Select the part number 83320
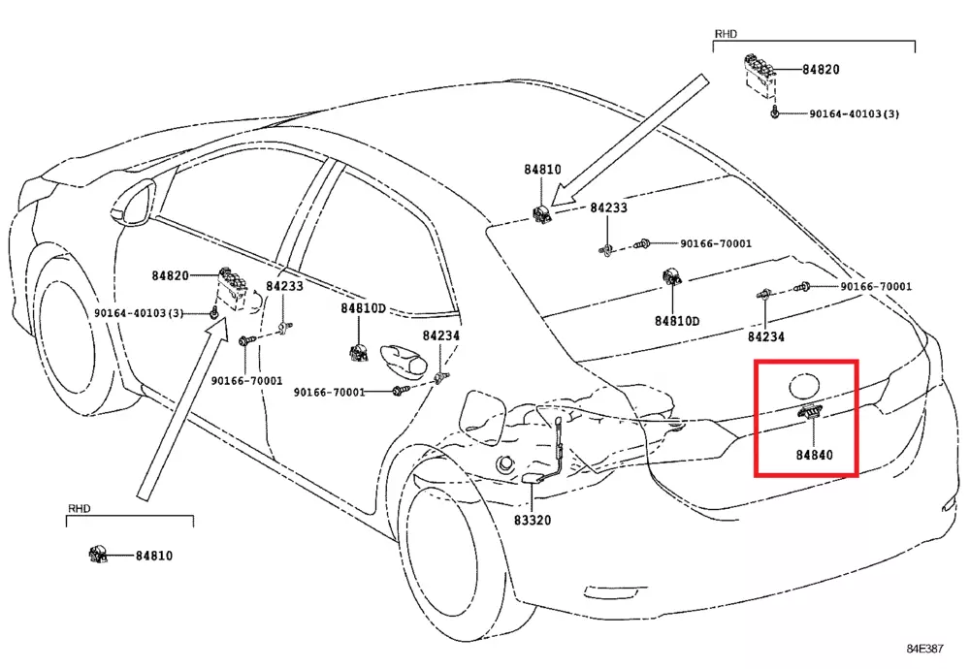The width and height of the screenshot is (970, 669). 532,520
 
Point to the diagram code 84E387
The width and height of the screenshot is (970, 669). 928,648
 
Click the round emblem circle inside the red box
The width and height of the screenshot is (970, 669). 805,385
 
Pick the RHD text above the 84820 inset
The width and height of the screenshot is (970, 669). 727,33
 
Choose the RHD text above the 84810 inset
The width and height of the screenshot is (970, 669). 79,508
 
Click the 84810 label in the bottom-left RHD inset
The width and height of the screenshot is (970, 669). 153,556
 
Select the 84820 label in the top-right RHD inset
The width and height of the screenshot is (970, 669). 821,70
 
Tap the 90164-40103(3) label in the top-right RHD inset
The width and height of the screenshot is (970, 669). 855,114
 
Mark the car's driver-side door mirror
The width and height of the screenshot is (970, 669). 134,203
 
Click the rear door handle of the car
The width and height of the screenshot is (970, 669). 404,360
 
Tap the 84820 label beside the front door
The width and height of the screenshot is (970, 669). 170,276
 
